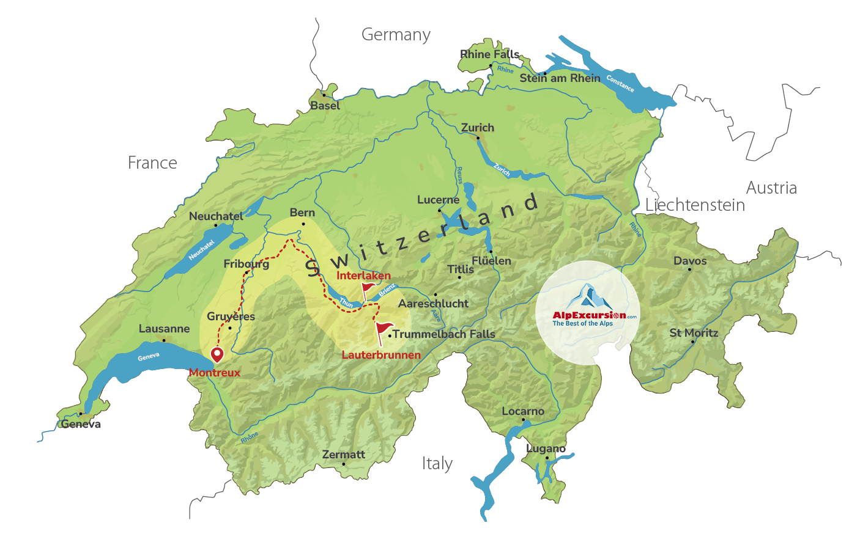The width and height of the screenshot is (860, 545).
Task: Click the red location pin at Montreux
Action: (x=217, y=354)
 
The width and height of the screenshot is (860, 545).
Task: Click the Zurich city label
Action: (x=477, y=128)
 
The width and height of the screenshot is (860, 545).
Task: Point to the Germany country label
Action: (x=396, y=35)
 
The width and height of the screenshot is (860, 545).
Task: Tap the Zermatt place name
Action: (x=343, y=455)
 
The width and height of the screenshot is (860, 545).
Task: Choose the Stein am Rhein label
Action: (x=560, y=78)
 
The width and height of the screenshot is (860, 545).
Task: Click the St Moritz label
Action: (x=694, y=333)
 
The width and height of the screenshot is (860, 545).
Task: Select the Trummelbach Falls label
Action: (x=443, y=334)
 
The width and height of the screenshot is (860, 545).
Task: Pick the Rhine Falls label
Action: (x=489, y=54)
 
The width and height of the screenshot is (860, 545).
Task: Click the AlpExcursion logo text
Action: (x=589, y=315)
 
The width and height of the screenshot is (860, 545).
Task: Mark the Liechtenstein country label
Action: (x=695, y=205)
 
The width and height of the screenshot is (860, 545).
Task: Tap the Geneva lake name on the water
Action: (x=149, y=357)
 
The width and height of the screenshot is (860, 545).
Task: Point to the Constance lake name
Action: (x=620, y=83)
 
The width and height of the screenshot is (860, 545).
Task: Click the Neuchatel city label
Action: (x=215, y=216)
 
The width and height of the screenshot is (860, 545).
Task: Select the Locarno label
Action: (x=522, y=411)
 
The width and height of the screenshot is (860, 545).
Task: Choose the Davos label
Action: (x=690, y=261)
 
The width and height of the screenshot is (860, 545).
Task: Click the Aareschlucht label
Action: (x=433, y=304)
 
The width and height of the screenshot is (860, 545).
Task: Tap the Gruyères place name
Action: (x=231, y=316)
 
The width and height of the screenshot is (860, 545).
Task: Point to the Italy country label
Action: (x=437, y=464)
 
